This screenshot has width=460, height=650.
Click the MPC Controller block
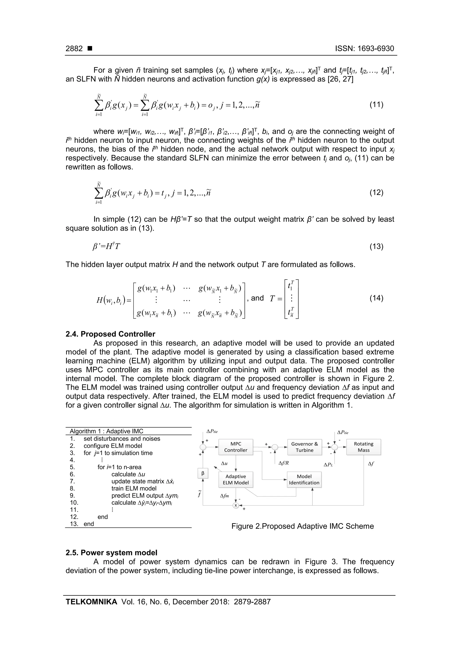pyautogui.click(x=236, y=447)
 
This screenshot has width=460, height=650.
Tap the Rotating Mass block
pyautogui.click(x=363, y=447)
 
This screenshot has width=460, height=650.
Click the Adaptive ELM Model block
pyautogui.click(x=236, y=479)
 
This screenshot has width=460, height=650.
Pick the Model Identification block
pyautogui.click(x=304, y=479)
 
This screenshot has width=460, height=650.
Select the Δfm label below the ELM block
pyautogui.click(x=224, y=496)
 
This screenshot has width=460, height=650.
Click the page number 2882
pyautogui.click(x=74, y=49)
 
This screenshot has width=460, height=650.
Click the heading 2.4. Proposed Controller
pyautogui.click(x=111, y=334)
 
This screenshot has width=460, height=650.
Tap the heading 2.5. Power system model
pyautogui.click(x=111, y=553)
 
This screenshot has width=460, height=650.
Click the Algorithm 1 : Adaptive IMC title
pyautogui.click(x=106, y=431)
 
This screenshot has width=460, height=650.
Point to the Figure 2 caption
pyautogui.click(x=302, y=526)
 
